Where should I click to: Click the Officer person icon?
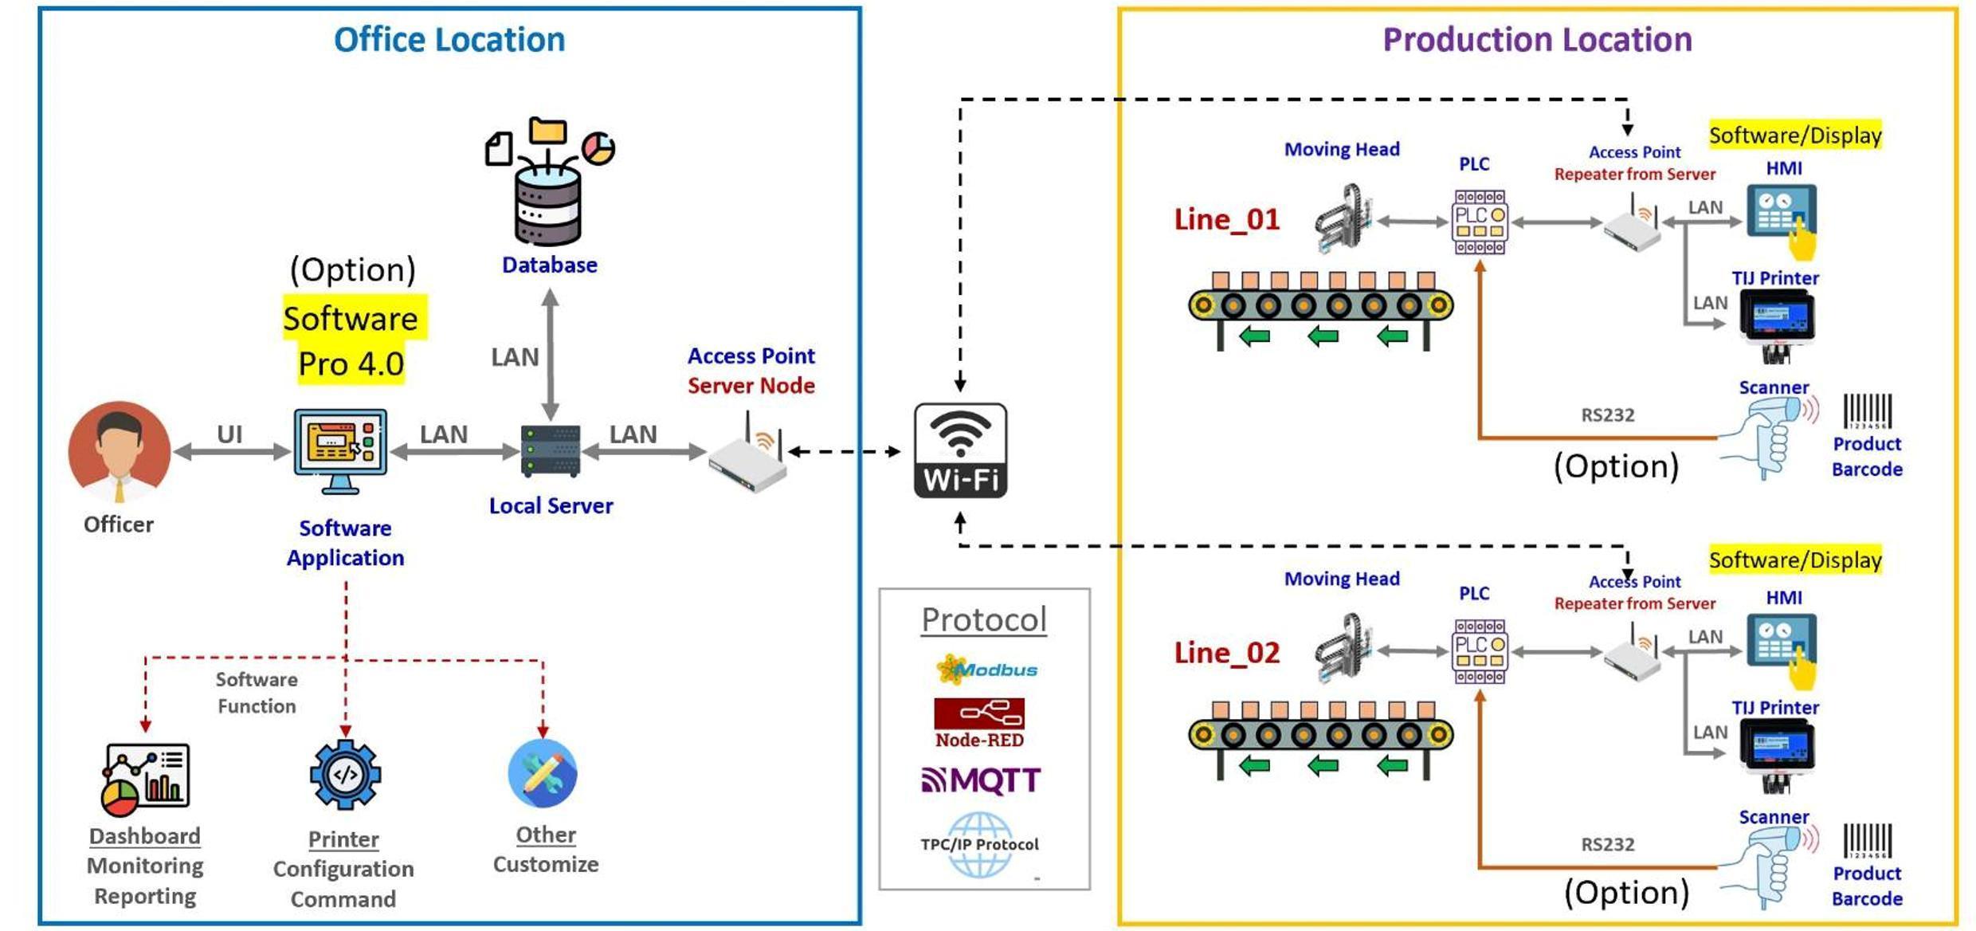(120, 451)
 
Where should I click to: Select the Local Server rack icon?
(550, 451)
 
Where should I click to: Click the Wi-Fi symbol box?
(960, 450)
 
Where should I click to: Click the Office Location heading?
(449, 40)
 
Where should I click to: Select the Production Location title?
(1537, 40)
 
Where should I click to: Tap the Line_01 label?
(1226, 219)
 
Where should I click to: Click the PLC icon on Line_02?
(1480, 652)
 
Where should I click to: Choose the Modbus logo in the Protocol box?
(986, 670)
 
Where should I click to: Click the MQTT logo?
(981, 780)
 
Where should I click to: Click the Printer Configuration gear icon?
(345, 775)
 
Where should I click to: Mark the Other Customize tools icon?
(543, 773)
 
